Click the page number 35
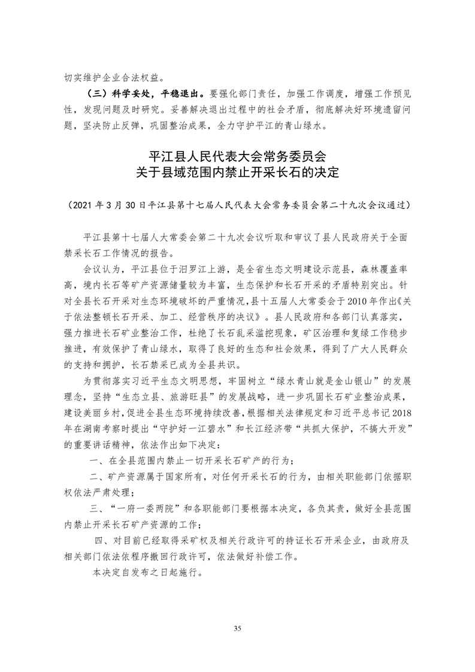[237, 628]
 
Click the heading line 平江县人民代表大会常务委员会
[237, 158]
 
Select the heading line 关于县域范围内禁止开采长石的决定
[237, 174]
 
